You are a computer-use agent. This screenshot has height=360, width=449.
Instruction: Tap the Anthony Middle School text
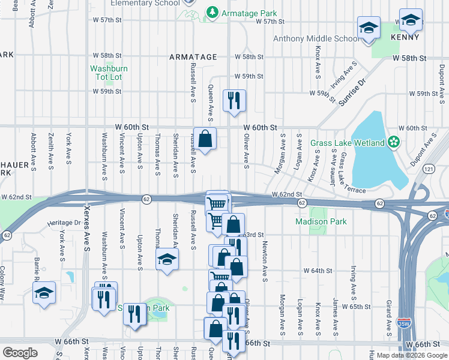click(316, 39)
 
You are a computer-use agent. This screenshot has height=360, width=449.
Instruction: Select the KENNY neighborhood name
click(405, 37)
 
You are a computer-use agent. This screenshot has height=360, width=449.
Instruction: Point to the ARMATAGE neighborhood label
click(192, 56)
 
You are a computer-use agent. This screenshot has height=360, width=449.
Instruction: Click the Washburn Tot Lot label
click(109, 73)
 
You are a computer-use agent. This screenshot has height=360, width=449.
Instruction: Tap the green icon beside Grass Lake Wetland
click(393, 143)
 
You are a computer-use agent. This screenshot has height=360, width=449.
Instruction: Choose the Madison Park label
click(321, 221)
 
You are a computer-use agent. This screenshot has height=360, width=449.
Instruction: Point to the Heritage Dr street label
click(65, 223)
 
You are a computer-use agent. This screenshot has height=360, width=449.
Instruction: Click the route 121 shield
click(429, 170)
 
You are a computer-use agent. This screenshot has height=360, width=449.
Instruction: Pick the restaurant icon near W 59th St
click(234, 99)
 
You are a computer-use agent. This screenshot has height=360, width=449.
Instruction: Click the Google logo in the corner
click(20, 353)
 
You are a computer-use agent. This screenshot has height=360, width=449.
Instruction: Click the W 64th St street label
click(318, 271)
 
